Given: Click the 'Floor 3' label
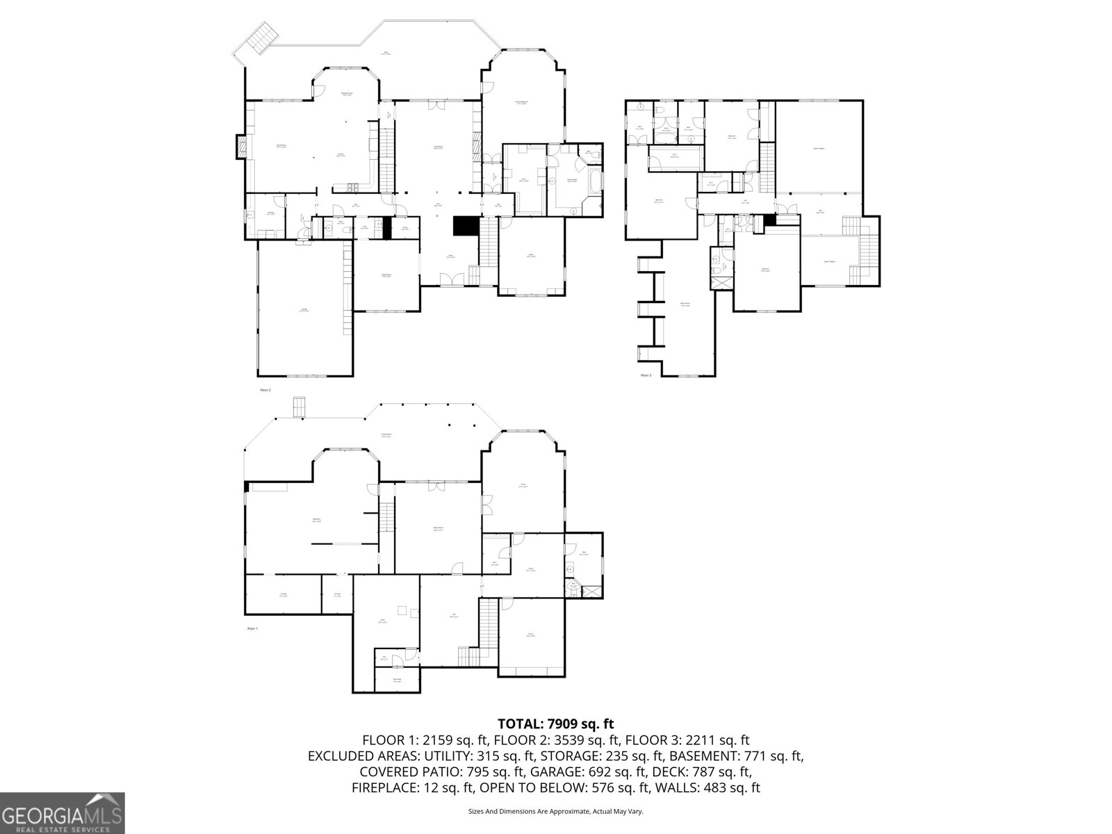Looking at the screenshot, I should coord(646,375).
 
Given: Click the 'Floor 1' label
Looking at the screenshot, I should coord(252,628).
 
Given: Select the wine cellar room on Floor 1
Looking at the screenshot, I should coord(397,680).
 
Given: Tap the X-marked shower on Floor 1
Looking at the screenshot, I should coord(593,591).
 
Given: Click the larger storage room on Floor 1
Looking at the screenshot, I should coord(283,594).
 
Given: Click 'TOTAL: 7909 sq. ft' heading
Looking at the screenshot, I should coord(555,724).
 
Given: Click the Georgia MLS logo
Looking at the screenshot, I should coord(63,813).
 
